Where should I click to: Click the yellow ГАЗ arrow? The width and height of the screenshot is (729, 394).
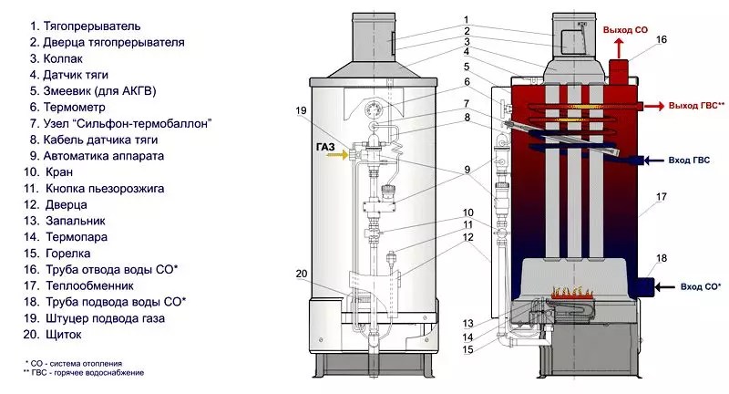[337, 154]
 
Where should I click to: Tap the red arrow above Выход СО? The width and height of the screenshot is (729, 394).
[619, 48]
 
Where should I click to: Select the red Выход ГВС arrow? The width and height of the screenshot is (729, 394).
[653, 107]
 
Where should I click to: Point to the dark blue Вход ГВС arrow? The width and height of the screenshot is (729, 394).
[653, 161]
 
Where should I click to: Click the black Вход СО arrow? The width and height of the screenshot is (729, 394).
[665, 287]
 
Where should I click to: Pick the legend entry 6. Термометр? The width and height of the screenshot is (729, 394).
[67, 107]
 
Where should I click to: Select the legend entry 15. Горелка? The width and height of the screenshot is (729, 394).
[56, 254]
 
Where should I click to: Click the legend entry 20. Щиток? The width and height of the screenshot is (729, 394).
[53, 335]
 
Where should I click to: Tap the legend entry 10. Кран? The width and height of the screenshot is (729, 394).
[48, 172]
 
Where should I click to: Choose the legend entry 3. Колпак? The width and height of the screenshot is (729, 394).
[56, 58]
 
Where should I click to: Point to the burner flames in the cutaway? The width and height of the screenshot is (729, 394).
[572, 292]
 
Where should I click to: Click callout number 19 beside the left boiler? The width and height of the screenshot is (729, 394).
[302, 110]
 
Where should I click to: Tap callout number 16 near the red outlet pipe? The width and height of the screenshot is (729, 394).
[662, 39]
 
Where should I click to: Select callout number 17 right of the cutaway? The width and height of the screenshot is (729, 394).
[662, 197]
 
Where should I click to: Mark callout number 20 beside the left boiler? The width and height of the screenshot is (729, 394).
[302, 274]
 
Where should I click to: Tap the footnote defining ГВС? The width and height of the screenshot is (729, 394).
[84, 373]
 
